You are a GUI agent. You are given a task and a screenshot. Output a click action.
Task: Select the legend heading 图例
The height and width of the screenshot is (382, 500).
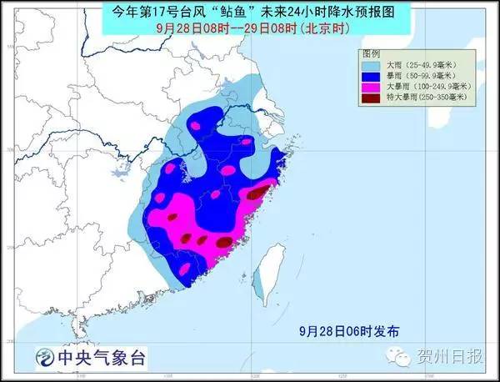coord(372,53)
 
